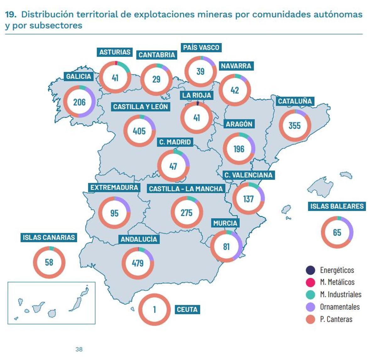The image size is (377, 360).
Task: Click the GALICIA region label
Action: point(78,77)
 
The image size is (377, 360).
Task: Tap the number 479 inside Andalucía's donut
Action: point(138,263)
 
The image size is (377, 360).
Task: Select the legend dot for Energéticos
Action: point(310,270)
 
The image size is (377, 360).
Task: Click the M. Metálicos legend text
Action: point(337,282)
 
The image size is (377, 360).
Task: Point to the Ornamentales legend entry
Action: point(340,307)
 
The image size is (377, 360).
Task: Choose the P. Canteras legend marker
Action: point(310,320)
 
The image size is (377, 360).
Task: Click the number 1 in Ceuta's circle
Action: point(154,309)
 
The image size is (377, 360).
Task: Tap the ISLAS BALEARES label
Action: point(337,206)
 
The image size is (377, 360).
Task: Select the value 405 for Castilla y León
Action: point(139,131)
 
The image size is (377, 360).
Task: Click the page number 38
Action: point(79,349)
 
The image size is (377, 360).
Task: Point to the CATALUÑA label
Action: point(295,101)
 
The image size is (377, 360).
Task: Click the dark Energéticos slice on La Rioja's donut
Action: point(198,103)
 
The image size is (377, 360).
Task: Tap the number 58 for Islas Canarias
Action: point(49,262)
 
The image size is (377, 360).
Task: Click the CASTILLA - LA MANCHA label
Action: point(186,189)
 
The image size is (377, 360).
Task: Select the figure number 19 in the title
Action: point(11,14)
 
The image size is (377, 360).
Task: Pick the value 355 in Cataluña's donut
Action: point(295,126)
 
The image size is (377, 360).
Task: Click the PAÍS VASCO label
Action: point(201,48)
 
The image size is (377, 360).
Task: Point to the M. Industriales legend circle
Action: point(310,295)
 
